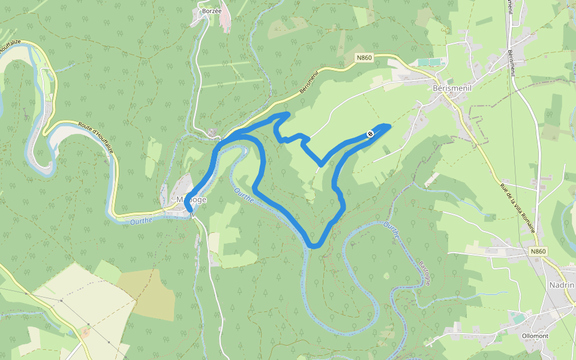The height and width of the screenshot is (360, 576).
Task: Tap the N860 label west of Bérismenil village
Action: tap(364, 58)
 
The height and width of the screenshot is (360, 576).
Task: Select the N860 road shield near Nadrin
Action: tap(538, 251)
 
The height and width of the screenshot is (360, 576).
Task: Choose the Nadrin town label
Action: tap(562, 285)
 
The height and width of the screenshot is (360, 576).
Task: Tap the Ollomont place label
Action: tap(535, 335)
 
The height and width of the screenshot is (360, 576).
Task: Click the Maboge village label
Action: tap(191, 199)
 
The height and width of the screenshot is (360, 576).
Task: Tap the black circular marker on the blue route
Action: tap(370, 133)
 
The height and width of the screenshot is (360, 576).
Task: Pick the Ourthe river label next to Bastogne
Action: tap(391, 231)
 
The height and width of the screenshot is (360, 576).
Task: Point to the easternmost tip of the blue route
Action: tap(390, 125)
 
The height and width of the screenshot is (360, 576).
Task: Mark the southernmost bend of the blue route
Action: tap(314, 246)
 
